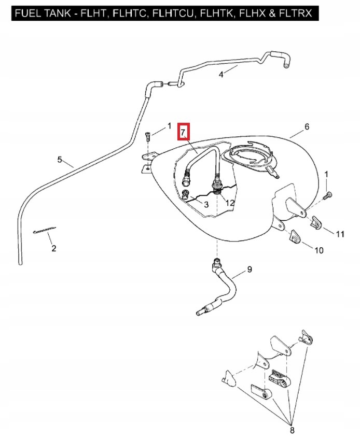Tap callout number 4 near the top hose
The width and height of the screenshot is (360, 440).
pos(221,75)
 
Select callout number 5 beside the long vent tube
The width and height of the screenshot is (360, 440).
pos(60,160)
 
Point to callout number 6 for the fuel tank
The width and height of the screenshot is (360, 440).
pos(307,127)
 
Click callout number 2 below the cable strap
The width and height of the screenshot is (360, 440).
pos(53,249)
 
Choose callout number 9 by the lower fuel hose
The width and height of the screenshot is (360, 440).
pos(250,269)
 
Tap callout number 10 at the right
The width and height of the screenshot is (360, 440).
pos(319,250)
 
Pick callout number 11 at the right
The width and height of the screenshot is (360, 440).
pos(339,234)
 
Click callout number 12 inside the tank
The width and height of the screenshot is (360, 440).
pos(230,203)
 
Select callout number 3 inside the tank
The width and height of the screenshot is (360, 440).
pos(206,205)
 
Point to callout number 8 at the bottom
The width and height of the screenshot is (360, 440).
pos(292,430)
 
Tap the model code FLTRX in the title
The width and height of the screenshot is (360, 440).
pos(296,13)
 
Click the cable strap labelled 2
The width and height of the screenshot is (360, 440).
pos(44,231)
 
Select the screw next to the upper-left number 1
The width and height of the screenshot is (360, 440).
pos(148,136)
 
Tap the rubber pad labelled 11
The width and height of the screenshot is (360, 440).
pos(316,222)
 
